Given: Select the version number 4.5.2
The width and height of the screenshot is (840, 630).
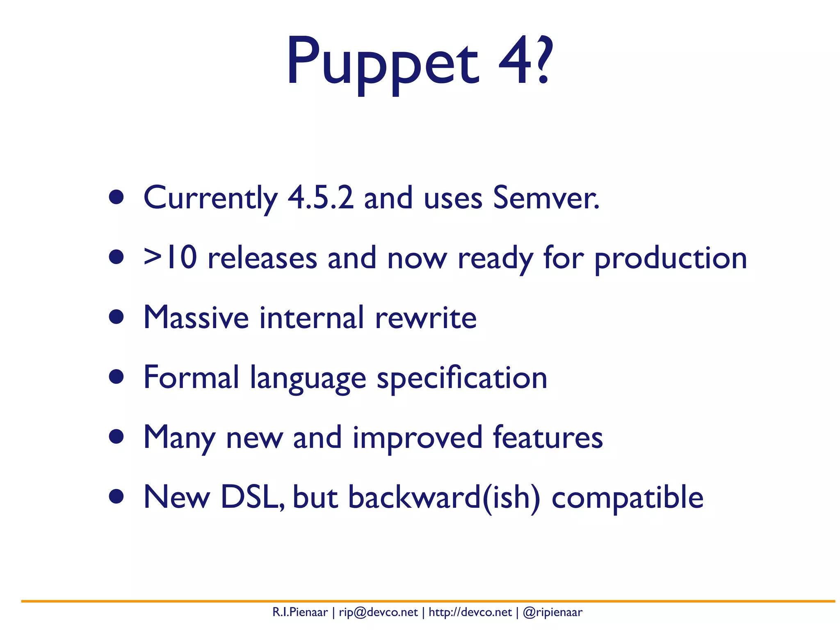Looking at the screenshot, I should click(320, 198).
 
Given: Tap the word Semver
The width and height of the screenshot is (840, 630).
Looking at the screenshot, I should click(546, 198).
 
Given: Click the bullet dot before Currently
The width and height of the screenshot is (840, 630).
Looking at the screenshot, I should click(116, 197).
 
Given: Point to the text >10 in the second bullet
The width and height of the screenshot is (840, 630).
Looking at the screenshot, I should click(170, 258).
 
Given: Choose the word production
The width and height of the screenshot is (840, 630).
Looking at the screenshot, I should click(671, 259).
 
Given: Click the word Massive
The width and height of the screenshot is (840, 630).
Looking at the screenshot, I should click(196, 317).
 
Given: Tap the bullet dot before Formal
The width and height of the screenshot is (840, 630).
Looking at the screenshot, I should click(116, 377).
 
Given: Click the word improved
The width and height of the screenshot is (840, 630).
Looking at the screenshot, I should click(417, 438).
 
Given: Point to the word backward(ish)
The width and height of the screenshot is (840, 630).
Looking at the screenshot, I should click(444, 497).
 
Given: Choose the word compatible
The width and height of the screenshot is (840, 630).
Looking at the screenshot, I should click(628, 497).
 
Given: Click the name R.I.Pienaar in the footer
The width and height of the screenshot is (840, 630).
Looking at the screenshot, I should click(300, 612).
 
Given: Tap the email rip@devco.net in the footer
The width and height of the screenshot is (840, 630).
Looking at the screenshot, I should click(378, 612).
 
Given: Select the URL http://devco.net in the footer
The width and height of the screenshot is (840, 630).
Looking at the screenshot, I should click(470, 612).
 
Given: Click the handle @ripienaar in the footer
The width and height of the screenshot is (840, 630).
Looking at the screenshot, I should click(552, 612).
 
